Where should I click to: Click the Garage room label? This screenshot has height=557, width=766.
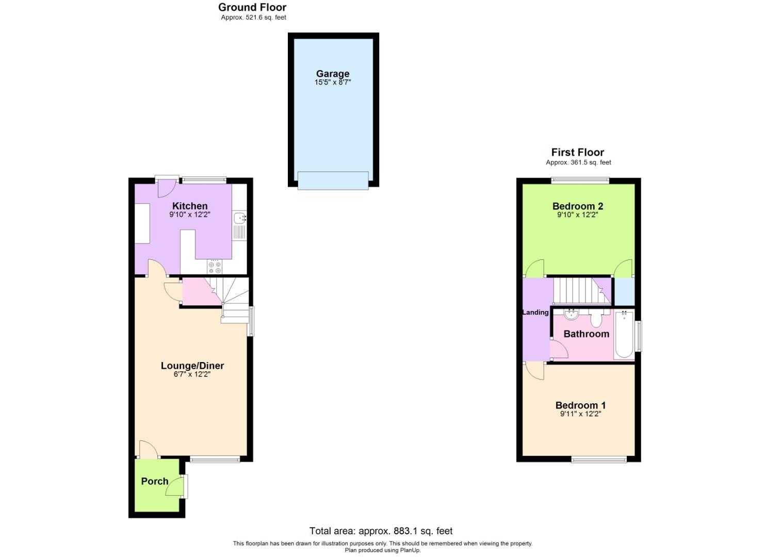[333, 74]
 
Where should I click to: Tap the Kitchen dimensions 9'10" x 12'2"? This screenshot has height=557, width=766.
[190, 215]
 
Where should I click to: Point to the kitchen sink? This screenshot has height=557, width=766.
[240, 219]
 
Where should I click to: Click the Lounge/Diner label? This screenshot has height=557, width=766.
[192, 366]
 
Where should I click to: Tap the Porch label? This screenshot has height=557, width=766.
[155, 481]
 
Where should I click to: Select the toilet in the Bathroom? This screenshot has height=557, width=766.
[596, 319]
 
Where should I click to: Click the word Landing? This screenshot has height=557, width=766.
[535, 313]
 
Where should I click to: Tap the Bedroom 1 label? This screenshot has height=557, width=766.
[580, 405]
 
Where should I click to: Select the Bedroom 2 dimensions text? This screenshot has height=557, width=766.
[577, 215]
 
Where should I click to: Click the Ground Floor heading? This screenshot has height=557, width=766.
[252, 7]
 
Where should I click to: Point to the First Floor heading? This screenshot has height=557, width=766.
[577, 152]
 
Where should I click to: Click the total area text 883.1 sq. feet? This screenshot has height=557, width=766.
[381, 531]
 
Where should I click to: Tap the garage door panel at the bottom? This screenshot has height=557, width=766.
[333, 181]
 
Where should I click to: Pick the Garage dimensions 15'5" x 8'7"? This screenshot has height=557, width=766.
[333, 83]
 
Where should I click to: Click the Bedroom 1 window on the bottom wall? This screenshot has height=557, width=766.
[599, 459]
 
